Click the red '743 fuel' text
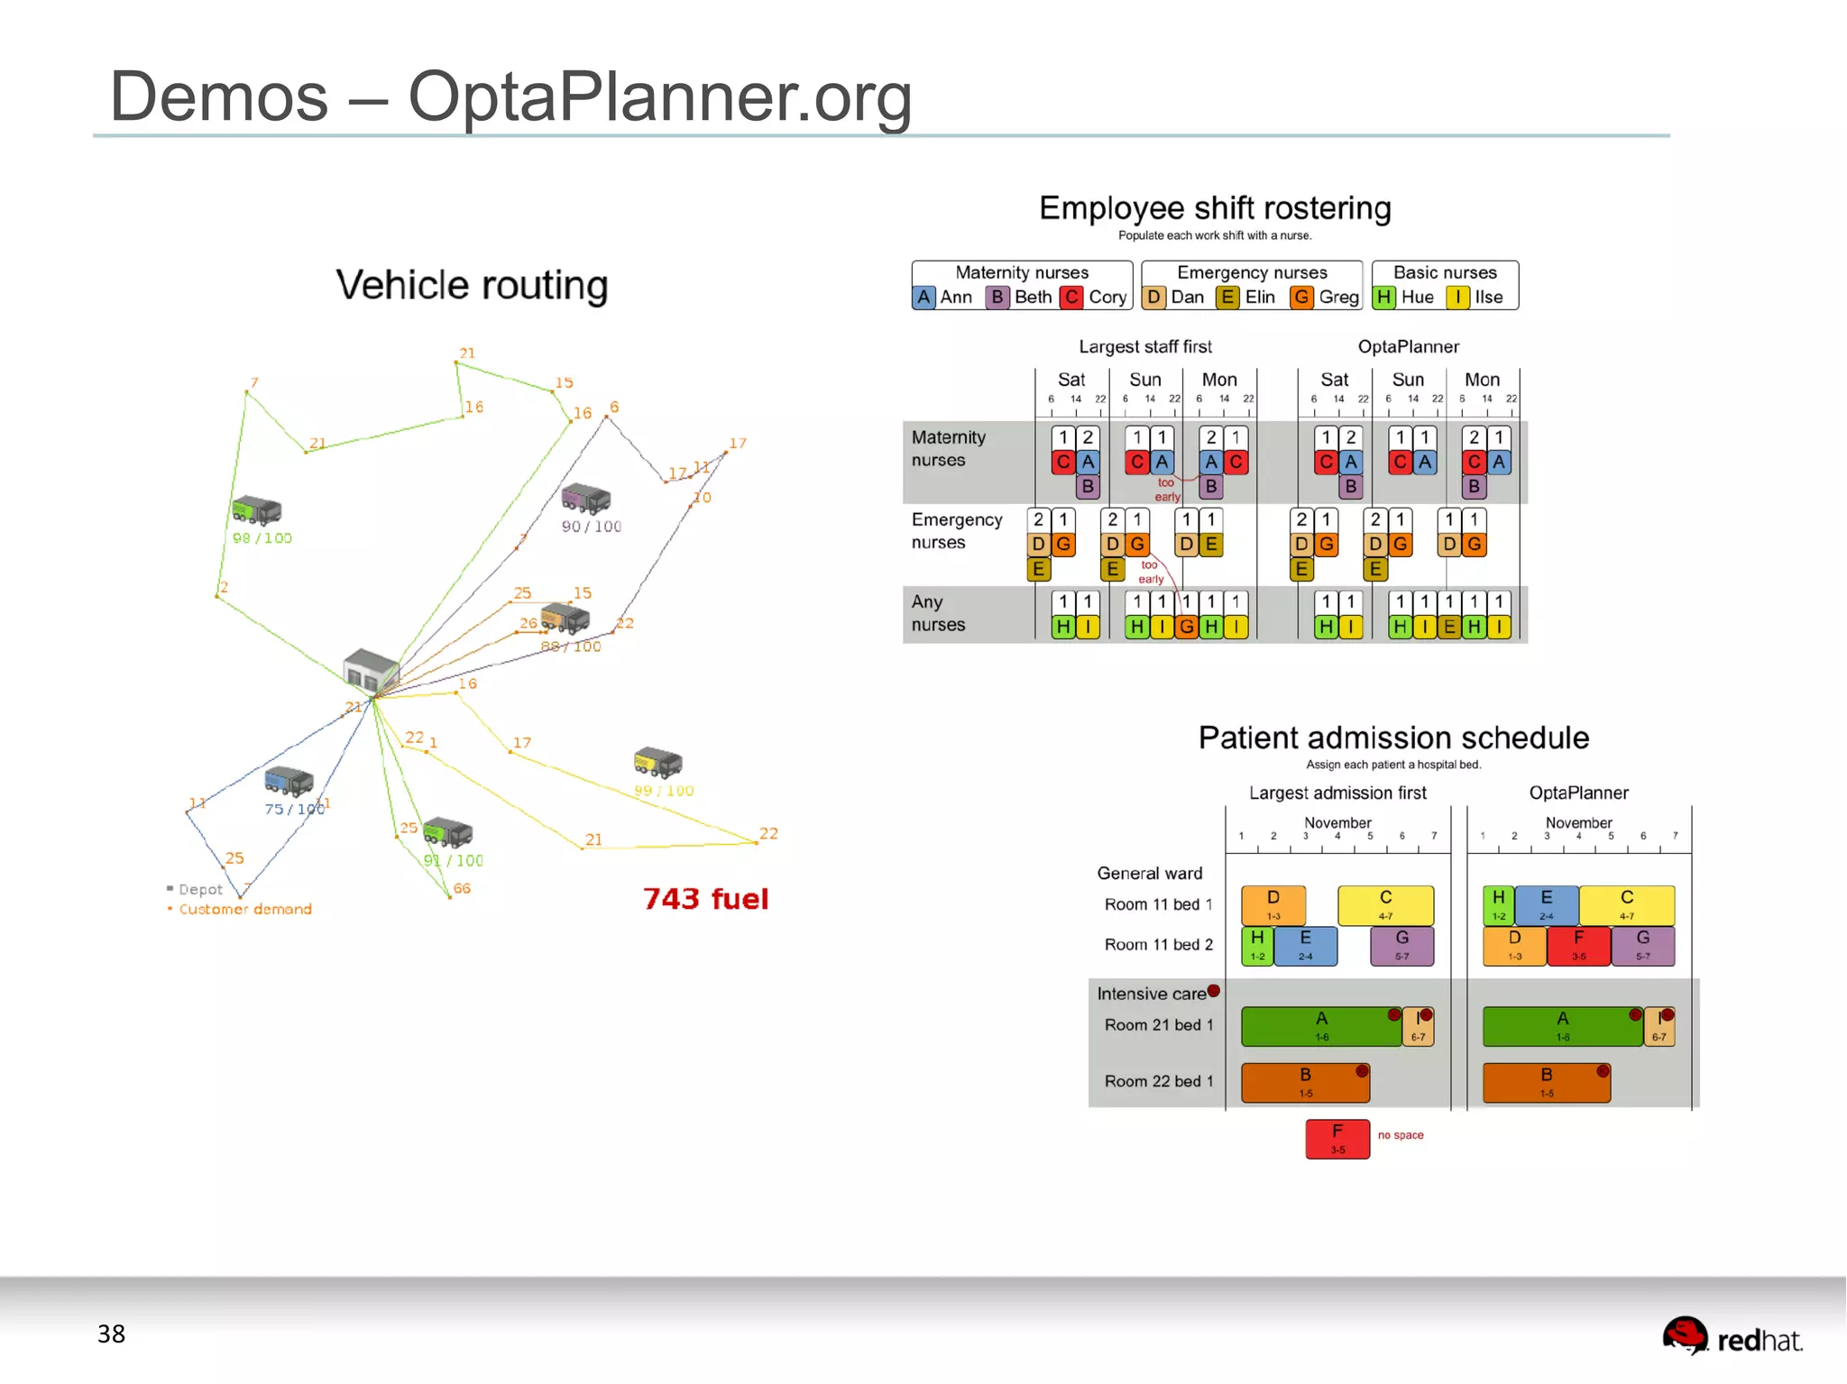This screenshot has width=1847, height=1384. pyautogui.click(x=705, y=899)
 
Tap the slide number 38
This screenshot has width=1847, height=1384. pyautogui.click(x=111, y=1334)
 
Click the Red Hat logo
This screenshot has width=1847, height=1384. pyautogui.click(x=1732, y=1337)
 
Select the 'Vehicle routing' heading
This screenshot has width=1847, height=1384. pyautogui.click(x=472, y=285)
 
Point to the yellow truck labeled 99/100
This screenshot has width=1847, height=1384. pyautogui.click(x=657, y=762)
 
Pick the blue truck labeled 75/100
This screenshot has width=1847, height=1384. pyautogui.click(x=289, y=781)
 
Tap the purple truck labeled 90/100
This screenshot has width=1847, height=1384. pyautogui.click(x=585, y=498)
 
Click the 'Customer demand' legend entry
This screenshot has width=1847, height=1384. pyautogui.click(x=244, y=909)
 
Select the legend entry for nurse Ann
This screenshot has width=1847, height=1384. pyautogui.click(x=943, y=298)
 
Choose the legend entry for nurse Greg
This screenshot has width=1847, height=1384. pyautogui.click(x=1325, y=298)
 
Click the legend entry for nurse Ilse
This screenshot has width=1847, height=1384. pyautogui.click(x=1476, y=298)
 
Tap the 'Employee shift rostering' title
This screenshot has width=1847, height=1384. pyautogui.click(x=1215, y=208)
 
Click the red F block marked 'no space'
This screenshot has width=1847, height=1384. pyautogui.click(x=1337, y=1139)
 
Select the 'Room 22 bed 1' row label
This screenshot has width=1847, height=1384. pyautogui.click(x=1158, y=1081)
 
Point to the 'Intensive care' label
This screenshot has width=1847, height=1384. pyautogui.click(x=1152, y=994)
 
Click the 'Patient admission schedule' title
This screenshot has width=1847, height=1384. pyautogui.click(x=1393, y=738)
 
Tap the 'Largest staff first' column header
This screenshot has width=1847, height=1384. pyautogui.click(x=1145, y=347)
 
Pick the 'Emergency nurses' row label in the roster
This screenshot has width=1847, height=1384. pyautogui.click(x=956, y=531)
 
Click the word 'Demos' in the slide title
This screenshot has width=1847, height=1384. pyautogui.click(x=219, y=96)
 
